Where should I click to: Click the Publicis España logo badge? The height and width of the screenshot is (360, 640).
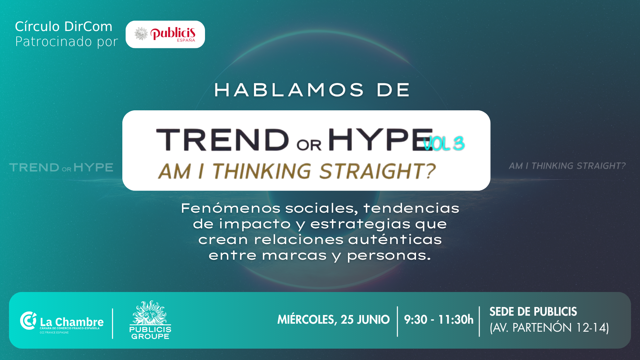point(165,34)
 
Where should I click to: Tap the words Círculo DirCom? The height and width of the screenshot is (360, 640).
point(64,26)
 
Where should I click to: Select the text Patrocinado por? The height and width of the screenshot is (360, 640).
point(67,42)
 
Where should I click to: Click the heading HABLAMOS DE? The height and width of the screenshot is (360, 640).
point(312,90)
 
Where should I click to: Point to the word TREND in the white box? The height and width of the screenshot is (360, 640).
point(222,140)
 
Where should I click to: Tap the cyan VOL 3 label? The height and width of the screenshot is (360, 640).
point(444,144)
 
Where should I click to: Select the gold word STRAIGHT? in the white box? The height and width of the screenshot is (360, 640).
point(377,171)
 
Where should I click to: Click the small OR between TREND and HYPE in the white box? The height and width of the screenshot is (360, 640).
point(309,145)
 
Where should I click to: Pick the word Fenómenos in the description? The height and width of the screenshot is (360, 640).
point(231,208)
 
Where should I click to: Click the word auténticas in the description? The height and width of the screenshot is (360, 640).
point(395,239)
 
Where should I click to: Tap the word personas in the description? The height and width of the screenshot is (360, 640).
point(389,256)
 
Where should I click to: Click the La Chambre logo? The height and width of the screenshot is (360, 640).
point(62,322)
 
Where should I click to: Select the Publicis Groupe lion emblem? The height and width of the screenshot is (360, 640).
point(150,312)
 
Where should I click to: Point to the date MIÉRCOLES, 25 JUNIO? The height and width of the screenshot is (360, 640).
point(333,320)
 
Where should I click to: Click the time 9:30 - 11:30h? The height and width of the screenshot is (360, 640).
point(439,320)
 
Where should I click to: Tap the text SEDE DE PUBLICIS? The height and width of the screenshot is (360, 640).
point(533,312)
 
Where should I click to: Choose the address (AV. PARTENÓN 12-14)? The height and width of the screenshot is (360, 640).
point(549,328)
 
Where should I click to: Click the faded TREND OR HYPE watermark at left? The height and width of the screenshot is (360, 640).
point(61,167)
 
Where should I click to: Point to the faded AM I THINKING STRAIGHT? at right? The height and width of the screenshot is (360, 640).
point(567,166)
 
